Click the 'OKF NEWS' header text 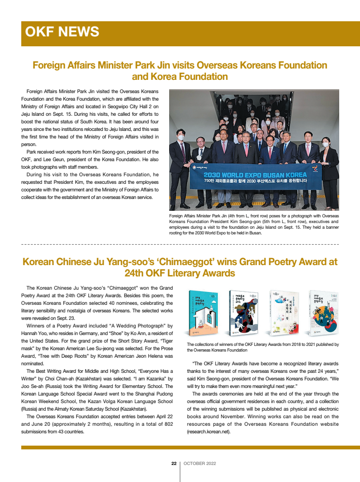tap(62, 32)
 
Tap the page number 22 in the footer tap(174, 464)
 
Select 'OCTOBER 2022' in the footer tap(200, 464)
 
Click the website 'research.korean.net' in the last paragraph tap(209, 431)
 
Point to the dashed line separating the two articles tap(180, 244)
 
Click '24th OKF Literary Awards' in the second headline tap(180, 273)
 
